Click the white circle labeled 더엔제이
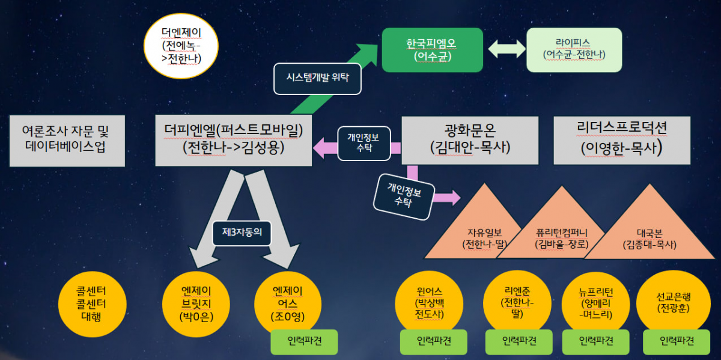181,46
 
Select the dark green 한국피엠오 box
432,50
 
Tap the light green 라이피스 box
574,50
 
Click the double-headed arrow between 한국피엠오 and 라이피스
507,49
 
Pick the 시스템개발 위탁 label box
317,79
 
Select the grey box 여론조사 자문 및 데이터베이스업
67,141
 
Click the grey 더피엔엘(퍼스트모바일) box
233,141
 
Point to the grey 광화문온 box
470,141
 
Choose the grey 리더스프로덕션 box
622,141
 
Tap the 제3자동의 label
242,233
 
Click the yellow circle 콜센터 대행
92,304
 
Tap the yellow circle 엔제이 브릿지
196,304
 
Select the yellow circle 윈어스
429,303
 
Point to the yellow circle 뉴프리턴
596,303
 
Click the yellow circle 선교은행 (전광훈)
674,303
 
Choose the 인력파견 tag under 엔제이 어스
304,341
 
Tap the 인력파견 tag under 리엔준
519,341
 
